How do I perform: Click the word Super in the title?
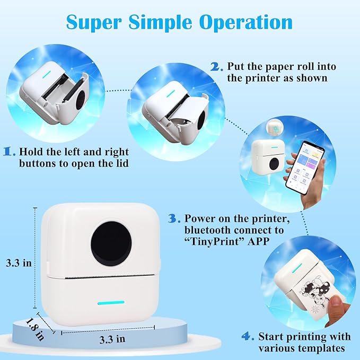pos(94,22)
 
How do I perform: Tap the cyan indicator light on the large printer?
pos(111,303)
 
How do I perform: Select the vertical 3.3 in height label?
pos(19,263)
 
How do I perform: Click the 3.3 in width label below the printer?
pos(112,339)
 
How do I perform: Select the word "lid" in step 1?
pos(122,163)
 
